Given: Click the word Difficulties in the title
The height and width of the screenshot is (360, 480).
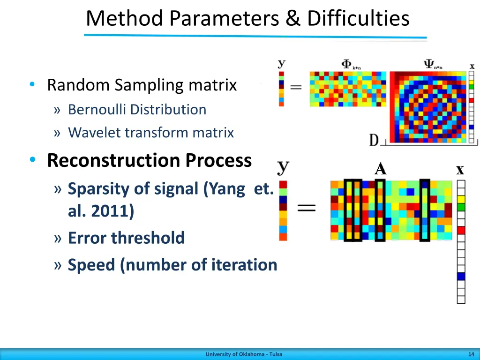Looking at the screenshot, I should (x=358, y=19).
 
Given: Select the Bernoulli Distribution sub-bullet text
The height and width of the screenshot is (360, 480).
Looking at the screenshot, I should (x=137, y=110).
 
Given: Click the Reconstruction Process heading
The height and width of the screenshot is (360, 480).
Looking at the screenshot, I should (x=149, y=160).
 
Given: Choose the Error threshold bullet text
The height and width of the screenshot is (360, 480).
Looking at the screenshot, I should (x=126, y=238).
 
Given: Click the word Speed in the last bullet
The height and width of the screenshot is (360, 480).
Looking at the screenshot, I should (x=92, y=265).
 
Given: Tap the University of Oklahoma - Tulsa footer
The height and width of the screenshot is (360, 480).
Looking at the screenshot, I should (x=244, y=354).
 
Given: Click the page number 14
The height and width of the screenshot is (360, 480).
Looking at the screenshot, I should (x=471, y=354).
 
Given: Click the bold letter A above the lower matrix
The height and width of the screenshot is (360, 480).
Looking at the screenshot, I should (x=380, y=169).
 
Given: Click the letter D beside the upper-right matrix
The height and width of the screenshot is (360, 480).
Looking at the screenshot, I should (x=374, y=140).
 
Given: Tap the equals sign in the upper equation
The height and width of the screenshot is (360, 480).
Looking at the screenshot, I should (x=295, y=88).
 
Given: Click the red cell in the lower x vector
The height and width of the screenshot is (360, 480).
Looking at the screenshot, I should (x=461, y=230).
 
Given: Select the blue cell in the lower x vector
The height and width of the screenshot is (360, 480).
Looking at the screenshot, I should (x=461, y=276).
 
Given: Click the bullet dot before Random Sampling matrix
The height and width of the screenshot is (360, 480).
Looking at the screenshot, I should (x=32, y=85).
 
